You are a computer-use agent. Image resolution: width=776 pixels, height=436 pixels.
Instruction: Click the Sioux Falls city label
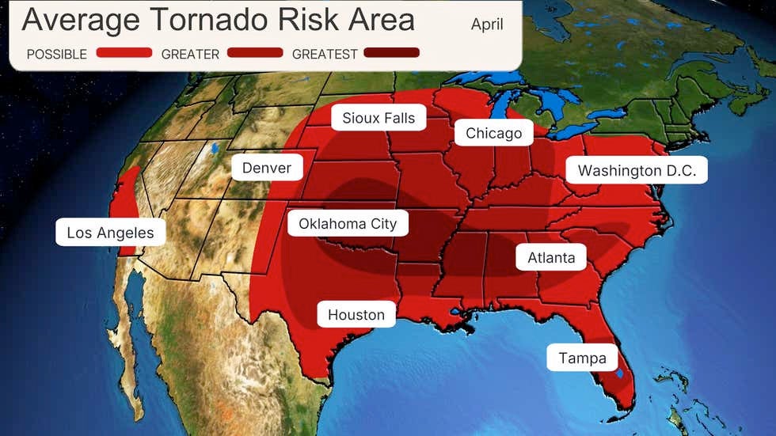click(x=378, y=118)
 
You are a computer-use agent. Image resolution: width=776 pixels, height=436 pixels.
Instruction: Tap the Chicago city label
click(x=493, y=133)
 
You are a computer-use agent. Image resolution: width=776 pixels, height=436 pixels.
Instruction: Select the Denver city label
click(x=266, y=168)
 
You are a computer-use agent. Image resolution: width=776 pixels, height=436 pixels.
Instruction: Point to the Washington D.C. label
click(x=637, y=171)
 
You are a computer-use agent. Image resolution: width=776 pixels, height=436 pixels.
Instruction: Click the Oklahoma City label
click(x=347, y=224)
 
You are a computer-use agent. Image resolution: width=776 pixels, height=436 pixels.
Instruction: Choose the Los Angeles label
click(x=110, y=233)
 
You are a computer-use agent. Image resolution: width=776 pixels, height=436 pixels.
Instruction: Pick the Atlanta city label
click(x=551, y=257)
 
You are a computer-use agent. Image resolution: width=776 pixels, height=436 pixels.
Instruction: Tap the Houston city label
click(x=356, y=314)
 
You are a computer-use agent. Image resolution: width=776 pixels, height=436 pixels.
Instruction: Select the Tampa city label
click(x=582, y=358)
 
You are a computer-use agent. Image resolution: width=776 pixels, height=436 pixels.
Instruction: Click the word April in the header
click(x=487, y=24)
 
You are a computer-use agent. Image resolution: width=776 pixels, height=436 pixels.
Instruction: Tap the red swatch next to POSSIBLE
click(x=124, y=53)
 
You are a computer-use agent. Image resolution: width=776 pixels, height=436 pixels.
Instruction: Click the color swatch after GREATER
click(x=254, y=53)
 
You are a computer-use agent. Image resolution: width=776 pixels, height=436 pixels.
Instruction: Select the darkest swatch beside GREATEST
click(x=391, y=53)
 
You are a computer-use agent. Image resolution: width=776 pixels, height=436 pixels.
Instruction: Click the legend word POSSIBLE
click(x=56, y=54)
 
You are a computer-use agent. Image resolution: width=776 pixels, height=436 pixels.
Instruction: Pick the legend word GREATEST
click(x=325, y=54)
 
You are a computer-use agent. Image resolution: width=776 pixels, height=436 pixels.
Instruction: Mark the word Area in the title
click(x=382, y=20)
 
